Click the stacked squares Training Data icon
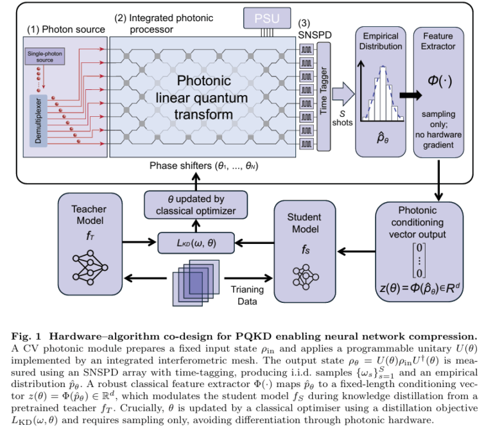click(196, 280)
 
